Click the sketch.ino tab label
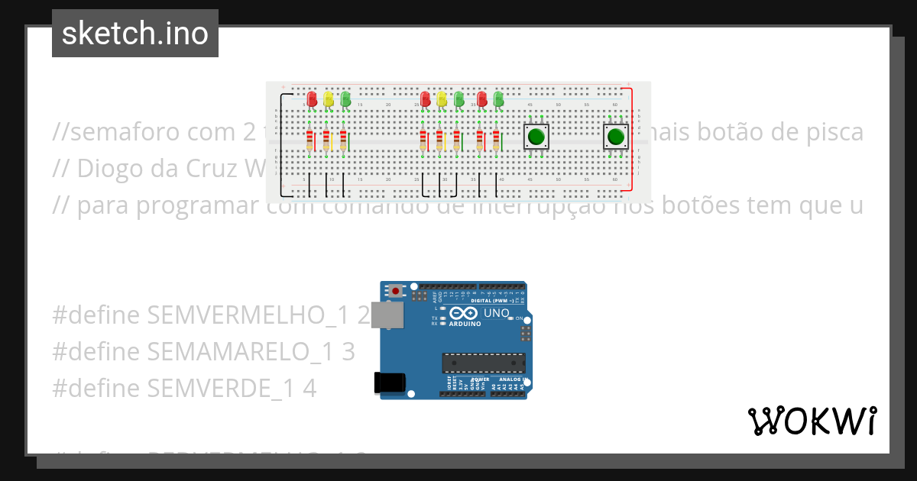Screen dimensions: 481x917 coord(135,34)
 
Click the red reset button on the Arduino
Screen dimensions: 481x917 coord(395,291)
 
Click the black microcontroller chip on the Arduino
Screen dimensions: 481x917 coord(484,364)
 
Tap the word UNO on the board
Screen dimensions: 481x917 coord(497,313)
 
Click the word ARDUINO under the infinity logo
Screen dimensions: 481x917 coord(465,324)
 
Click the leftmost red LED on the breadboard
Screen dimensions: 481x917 coord(312,99)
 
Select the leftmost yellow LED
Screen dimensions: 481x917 coord(329,99)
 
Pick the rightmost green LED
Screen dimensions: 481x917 coord(499,99)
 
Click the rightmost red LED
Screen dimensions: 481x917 coord(482,99)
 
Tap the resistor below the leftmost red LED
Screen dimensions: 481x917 coord(309,140)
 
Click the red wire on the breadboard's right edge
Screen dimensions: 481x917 coord(632,137)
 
